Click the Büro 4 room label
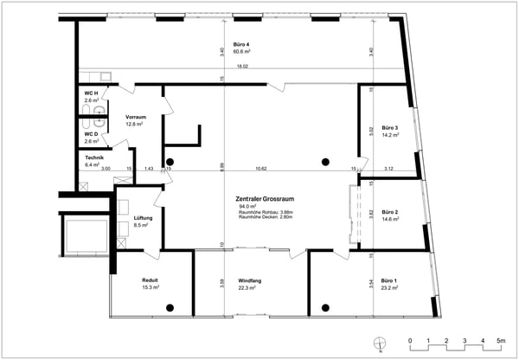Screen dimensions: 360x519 [241, 44]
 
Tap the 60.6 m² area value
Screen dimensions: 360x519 [241, 52]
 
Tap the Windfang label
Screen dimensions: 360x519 [251, 280]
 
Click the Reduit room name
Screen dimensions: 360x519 [149, 280]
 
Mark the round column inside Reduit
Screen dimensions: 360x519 [170, 308]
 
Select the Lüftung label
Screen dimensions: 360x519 [143, 218]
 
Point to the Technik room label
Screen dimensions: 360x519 [94, 157]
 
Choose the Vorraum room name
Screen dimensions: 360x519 [135, 117]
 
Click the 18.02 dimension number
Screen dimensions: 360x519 [243, 67]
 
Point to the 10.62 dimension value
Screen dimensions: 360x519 [260, 169]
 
